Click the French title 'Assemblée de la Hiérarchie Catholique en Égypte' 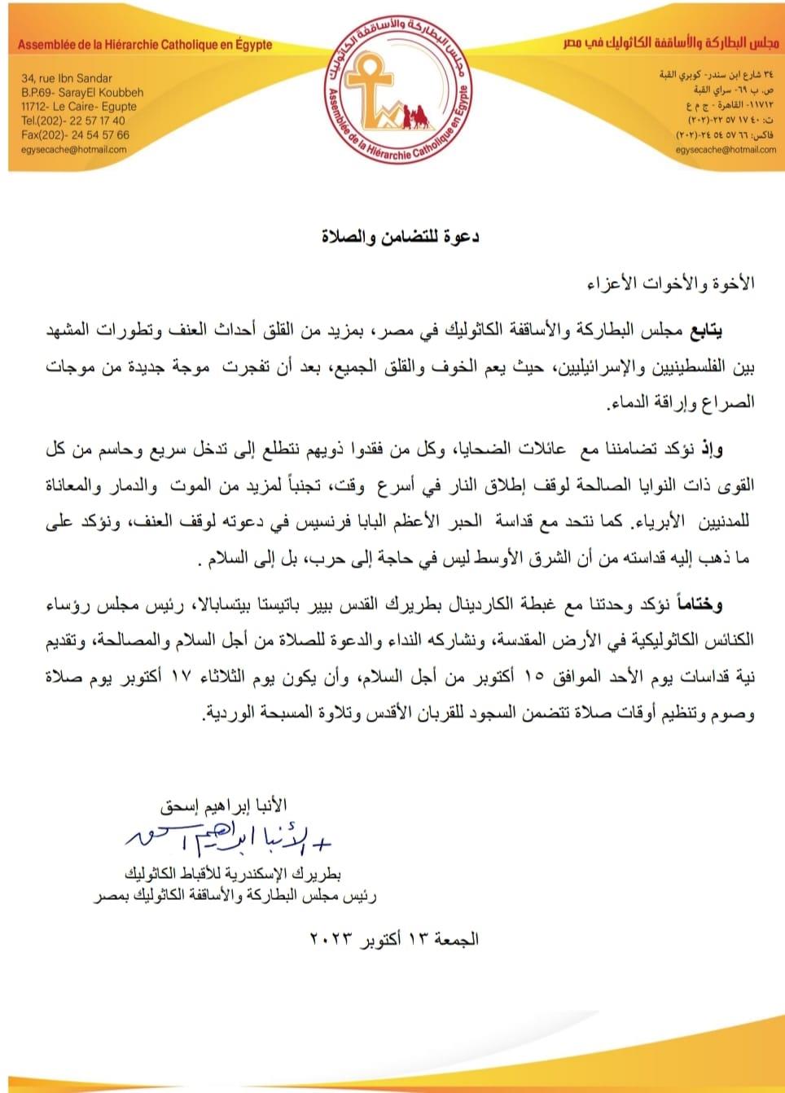click(x=145, y=45)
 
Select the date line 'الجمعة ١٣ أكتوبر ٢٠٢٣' click(x=393, y=938)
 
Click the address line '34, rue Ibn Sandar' click(x=67, y=78)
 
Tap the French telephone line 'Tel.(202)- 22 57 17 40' click(x=73, y=121)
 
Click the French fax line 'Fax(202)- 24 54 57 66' click(x=75, y=135)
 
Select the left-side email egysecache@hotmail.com click(x=74, y=149)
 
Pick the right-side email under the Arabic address click(x=726, y=149)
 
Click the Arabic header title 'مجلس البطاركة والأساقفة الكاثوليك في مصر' click(x=671, y=42)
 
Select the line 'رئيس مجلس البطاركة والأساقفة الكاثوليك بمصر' click(x=234, y=896)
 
